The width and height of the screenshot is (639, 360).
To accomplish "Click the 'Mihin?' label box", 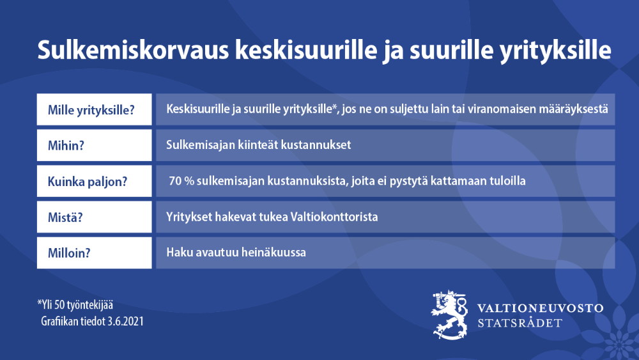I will (94, 145).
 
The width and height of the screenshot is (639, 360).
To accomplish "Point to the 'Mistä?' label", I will (94, 217).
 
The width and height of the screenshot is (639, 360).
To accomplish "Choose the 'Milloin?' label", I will (94, 253).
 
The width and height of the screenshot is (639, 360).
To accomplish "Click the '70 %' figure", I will (181, 181).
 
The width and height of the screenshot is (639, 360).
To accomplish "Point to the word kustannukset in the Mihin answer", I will (316, 145).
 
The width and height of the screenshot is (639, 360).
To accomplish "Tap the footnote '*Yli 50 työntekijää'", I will (75, 305).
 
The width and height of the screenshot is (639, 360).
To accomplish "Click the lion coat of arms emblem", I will (450, 314).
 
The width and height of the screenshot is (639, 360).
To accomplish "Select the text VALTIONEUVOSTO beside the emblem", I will (541, 308).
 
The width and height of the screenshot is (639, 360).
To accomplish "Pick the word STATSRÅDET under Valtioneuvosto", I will (520, 323).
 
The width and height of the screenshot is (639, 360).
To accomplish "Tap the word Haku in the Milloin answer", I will (178, 253).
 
